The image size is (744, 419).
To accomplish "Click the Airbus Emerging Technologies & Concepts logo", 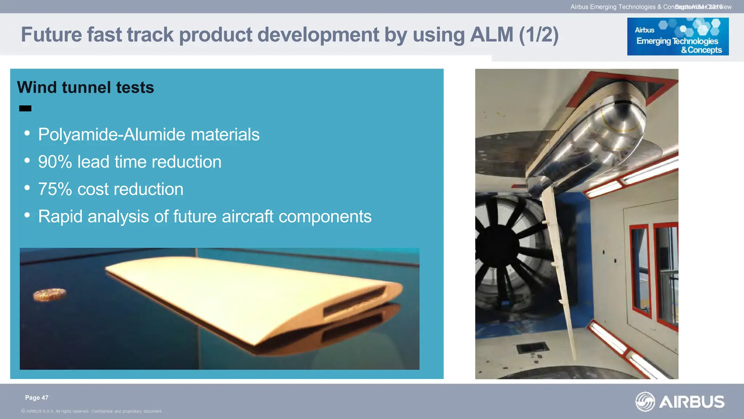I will [678, 36].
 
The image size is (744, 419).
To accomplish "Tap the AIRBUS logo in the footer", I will [680, 402].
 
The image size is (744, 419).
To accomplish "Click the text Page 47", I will [36, 398].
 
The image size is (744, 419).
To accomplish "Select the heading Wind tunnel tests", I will [85, 87].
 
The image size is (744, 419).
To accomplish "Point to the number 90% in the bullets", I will [55, 162].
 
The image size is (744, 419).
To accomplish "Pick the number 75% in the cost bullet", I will [55, 189].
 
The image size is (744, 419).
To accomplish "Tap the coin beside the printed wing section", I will [50, 295].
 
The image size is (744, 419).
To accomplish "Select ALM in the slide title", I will [491, 35].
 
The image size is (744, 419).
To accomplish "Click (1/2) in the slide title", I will [539, 35].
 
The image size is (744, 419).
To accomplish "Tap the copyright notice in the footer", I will [92, 411].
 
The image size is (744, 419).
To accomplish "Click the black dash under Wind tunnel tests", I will [25, 108].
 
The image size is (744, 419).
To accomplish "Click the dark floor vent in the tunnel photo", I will [533, 348].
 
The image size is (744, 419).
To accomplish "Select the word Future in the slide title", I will [51, 35].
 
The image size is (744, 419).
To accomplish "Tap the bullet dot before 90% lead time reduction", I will [27, 160].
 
